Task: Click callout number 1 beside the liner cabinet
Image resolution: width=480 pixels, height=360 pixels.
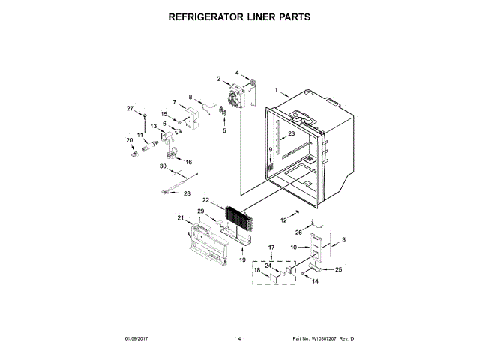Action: pos(276,90)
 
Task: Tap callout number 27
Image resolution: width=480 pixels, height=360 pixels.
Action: pos(130,109)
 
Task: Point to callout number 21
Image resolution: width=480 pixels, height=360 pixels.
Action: pos(180,218)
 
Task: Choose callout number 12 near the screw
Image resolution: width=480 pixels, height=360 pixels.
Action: pos(284,220)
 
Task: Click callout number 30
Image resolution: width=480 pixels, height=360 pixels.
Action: pos(161,166)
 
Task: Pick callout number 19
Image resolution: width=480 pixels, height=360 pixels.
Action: pos(242,259)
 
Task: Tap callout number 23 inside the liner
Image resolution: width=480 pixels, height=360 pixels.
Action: pos(292,133)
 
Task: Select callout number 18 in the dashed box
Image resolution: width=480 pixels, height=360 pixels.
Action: pos(256,269)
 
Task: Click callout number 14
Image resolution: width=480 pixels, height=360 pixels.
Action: pos(315,281)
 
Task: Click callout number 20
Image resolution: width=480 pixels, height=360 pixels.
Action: pos(129,140)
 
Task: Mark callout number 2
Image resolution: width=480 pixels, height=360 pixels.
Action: pos(219,79)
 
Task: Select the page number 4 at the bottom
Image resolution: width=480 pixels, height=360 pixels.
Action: pos(239,339)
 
